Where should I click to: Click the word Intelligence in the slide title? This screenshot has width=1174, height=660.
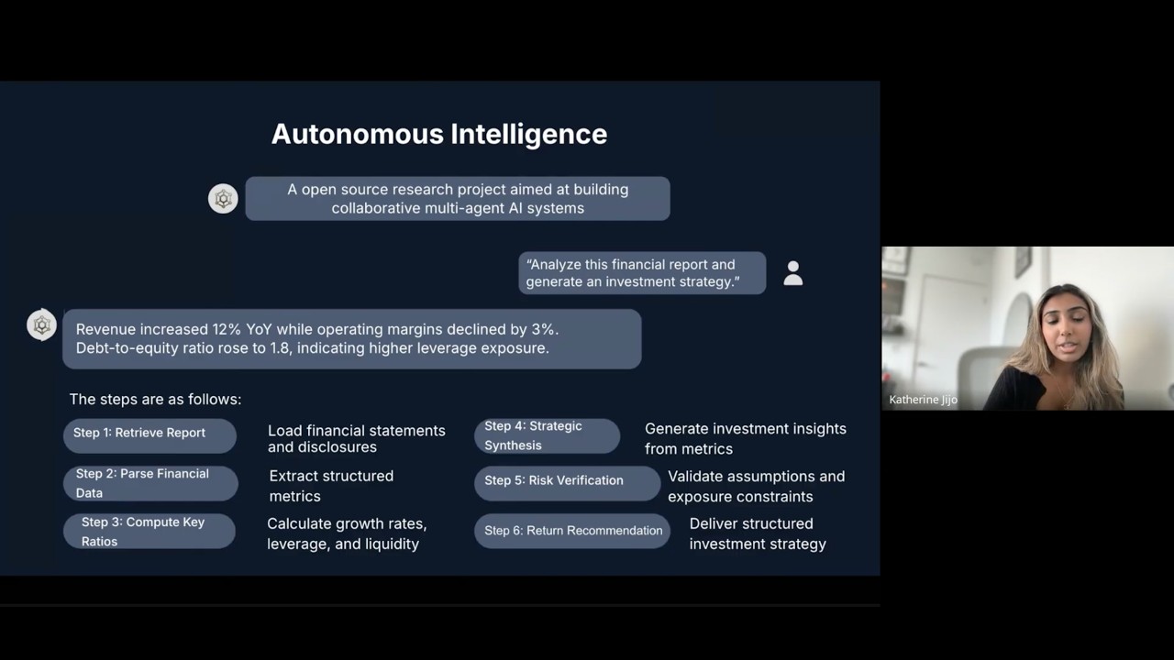pyautogui.click(x=528, y=135)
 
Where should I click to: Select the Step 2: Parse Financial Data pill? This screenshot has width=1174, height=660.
pyautogui.click(x=150, y=483)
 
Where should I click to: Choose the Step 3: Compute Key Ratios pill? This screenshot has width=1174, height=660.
pyautogui.click(x=150, y=532)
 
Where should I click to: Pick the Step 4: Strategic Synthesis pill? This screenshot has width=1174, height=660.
pyautogui.click(x=547, y=435)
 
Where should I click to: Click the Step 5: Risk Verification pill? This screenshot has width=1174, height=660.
pyautogui.click(x=566, y=482)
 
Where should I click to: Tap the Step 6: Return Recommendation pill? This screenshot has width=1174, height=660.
pyautogui.click(x=572, y=531)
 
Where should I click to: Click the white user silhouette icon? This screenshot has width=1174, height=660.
pyautogui.click(x=793, y=273)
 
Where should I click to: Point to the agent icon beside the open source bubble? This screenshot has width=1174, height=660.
pyautogui.click(x=223, y=198)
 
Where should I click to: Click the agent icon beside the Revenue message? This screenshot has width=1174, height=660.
pyautogui.click(x=41, y=324)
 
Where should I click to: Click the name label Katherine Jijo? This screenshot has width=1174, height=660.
pyautogui.click(x=923, y=400)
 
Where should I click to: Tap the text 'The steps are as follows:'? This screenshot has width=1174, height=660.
pyautogui.click(x=155, y=400)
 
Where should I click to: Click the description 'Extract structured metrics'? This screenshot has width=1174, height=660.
pyautogui.click(x=331, y=486)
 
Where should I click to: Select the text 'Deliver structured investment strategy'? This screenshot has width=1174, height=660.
pyautogui.click(x=758, y=533)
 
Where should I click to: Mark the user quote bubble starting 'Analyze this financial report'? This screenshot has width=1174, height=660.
pyautogui.click(x=642, y=273)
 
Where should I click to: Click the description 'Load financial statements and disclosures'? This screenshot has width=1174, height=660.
pyautogui.click(x=357, y=438)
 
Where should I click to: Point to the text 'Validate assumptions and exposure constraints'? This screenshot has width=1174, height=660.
pyautogui.click(x=756, y=486)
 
